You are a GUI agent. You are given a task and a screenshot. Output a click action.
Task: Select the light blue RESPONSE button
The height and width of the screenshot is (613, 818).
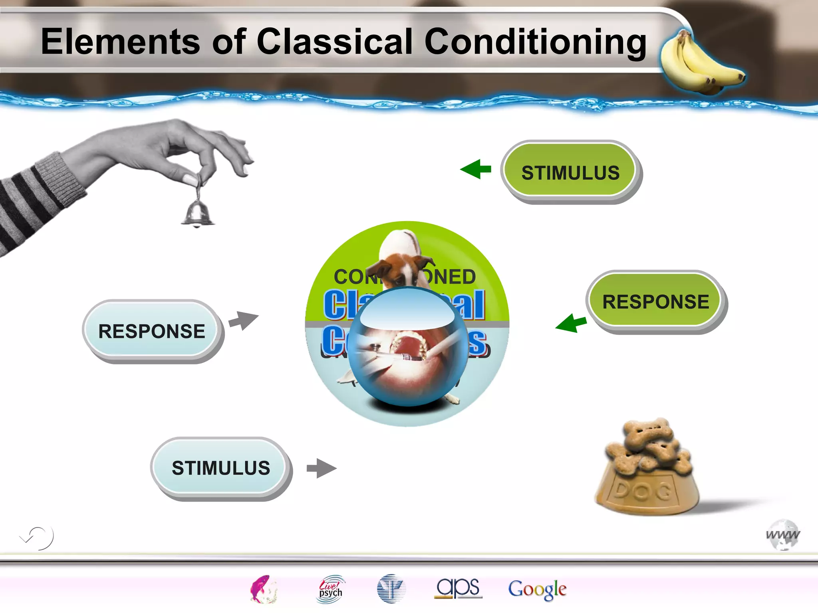[x=152, y=330]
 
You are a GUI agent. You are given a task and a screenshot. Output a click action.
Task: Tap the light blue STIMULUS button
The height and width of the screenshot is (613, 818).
[x=220, y=467]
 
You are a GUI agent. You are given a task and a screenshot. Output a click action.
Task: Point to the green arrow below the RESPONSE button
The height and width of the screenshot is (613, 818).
[x=571, y=322]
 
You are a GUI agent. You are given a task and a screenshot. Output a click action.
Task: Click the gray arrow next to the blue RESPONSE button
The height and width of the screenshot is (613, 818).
[x=244, y=320]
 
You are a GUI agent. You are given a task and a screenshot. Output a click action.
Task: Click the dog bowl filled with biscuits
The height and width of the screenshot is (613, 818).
[x=647, y=469]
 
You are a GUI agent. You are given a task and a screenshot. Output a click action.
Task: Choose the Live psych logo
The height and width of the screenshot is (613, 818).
[x=330, y=589]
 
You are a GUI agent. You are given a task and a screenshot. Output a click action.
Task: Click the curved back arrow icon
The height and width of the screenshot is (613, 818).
[x=37, y=538]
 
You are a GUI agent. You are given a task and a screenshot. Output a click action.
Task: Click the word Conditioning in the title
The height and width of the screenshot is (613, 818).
[x=535, y=42]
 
